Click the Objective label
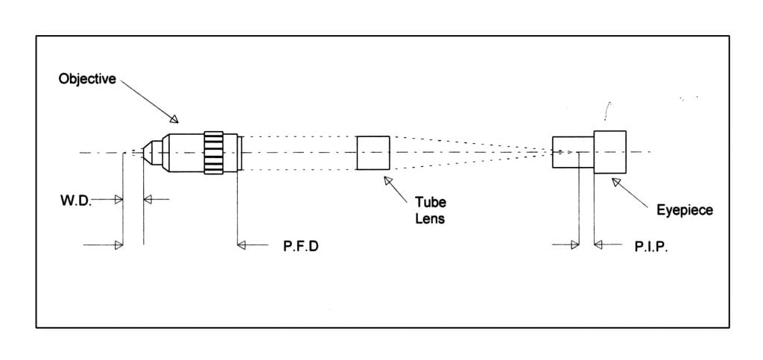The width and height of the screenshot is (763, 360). point(87,79)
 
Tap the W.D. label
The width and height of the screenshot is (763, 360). point(75,200)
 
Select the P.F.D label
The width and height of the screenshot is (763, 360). point(300,245)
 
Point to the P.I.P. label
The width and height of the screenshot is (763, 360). point(651,245)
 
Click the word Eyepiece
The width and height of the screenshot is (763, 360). point(684,210)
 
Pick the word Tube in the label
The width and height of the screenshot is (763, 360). point(430,203)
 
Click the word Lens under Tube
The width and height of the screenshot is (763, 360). point(430,219)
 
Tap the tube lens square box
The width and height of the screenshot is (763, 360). point(373,152)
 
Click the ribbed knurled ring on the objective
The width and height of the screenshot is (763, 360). point(214,153)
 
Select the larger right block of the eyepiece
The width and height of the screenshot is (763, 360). point(610,152)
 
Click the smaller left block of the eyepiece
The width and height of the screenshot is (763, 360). point(572,152)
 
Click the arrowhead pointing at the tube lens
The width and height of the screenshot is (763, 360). point(387,181)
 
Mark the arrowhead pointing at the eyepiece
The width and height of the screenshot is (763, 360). point(616,181)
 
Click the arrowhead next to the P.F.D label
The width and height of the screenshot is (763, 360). point(241,244)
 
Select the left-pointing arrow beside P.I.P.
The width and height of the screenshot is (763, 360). point(598,244)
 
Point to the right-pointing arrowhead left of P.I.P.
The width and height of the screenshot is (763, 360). point(574,244)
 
